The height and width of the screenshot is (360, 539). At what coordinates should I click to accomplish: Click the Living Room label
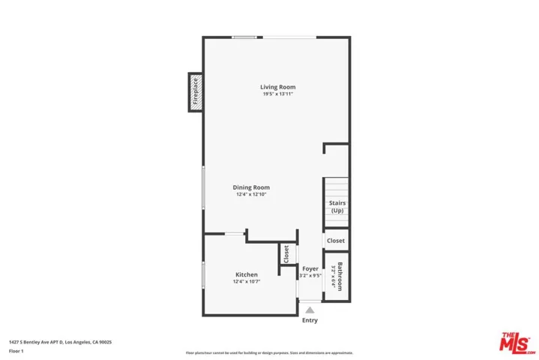[x=277, y=86]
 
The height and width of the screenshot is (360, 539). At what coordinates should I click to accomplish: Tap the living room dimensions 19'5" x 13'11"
[x=277, y=94]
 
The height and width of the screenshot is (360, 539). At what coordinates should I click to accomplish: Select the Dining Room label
[x=250, y=187]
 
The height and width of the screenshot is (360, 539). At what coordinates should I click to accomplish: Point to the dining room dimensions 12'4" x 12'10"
[x=250, y=195]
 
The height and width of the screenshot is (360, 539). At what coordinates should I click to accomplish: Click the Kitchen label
[x=247, y=274]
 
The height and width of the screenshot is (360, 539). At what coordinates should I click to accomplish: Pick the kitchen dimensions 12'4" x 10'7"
[x=247, y=282]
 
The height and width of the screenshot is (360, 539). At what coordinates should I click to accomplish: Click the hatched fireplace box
[x=195, y=93]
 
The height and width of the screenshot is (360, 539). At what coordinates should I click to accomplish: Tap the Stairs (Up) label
[x=337, y=207]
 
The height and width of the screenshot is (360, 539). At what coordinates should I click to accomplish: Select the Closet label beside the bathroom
[x=335, y=241]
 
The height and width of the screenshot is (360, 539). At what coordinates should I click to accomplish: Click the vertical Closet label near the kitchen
[x=286, y=253]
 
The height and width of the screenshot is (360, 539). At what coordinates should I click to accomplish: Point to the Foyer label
[x=310, y=268]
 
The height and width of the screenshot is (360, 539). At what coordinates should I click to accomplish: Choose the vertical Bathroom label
[x=340, y=275]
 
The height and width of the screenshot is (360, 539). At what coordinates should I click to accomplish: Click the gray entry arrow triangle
[x=310, y=308]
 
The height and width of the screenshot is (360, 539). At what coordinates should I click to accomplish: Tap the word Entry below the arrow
[x=310, y=320]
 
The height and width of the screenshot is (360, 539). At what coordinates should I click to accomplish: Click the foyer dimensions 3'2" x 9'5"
[x=310, y=275]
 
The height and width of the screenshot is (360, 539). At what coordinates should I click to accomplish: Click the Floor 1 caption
[x=16, y=351]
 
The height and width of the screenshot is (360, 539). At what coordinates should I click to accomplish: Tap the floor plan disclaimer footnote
[x=269, y=352]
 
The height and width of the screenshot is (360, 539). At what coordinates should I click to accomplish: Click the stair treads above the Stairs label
[x=336, y=187]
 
